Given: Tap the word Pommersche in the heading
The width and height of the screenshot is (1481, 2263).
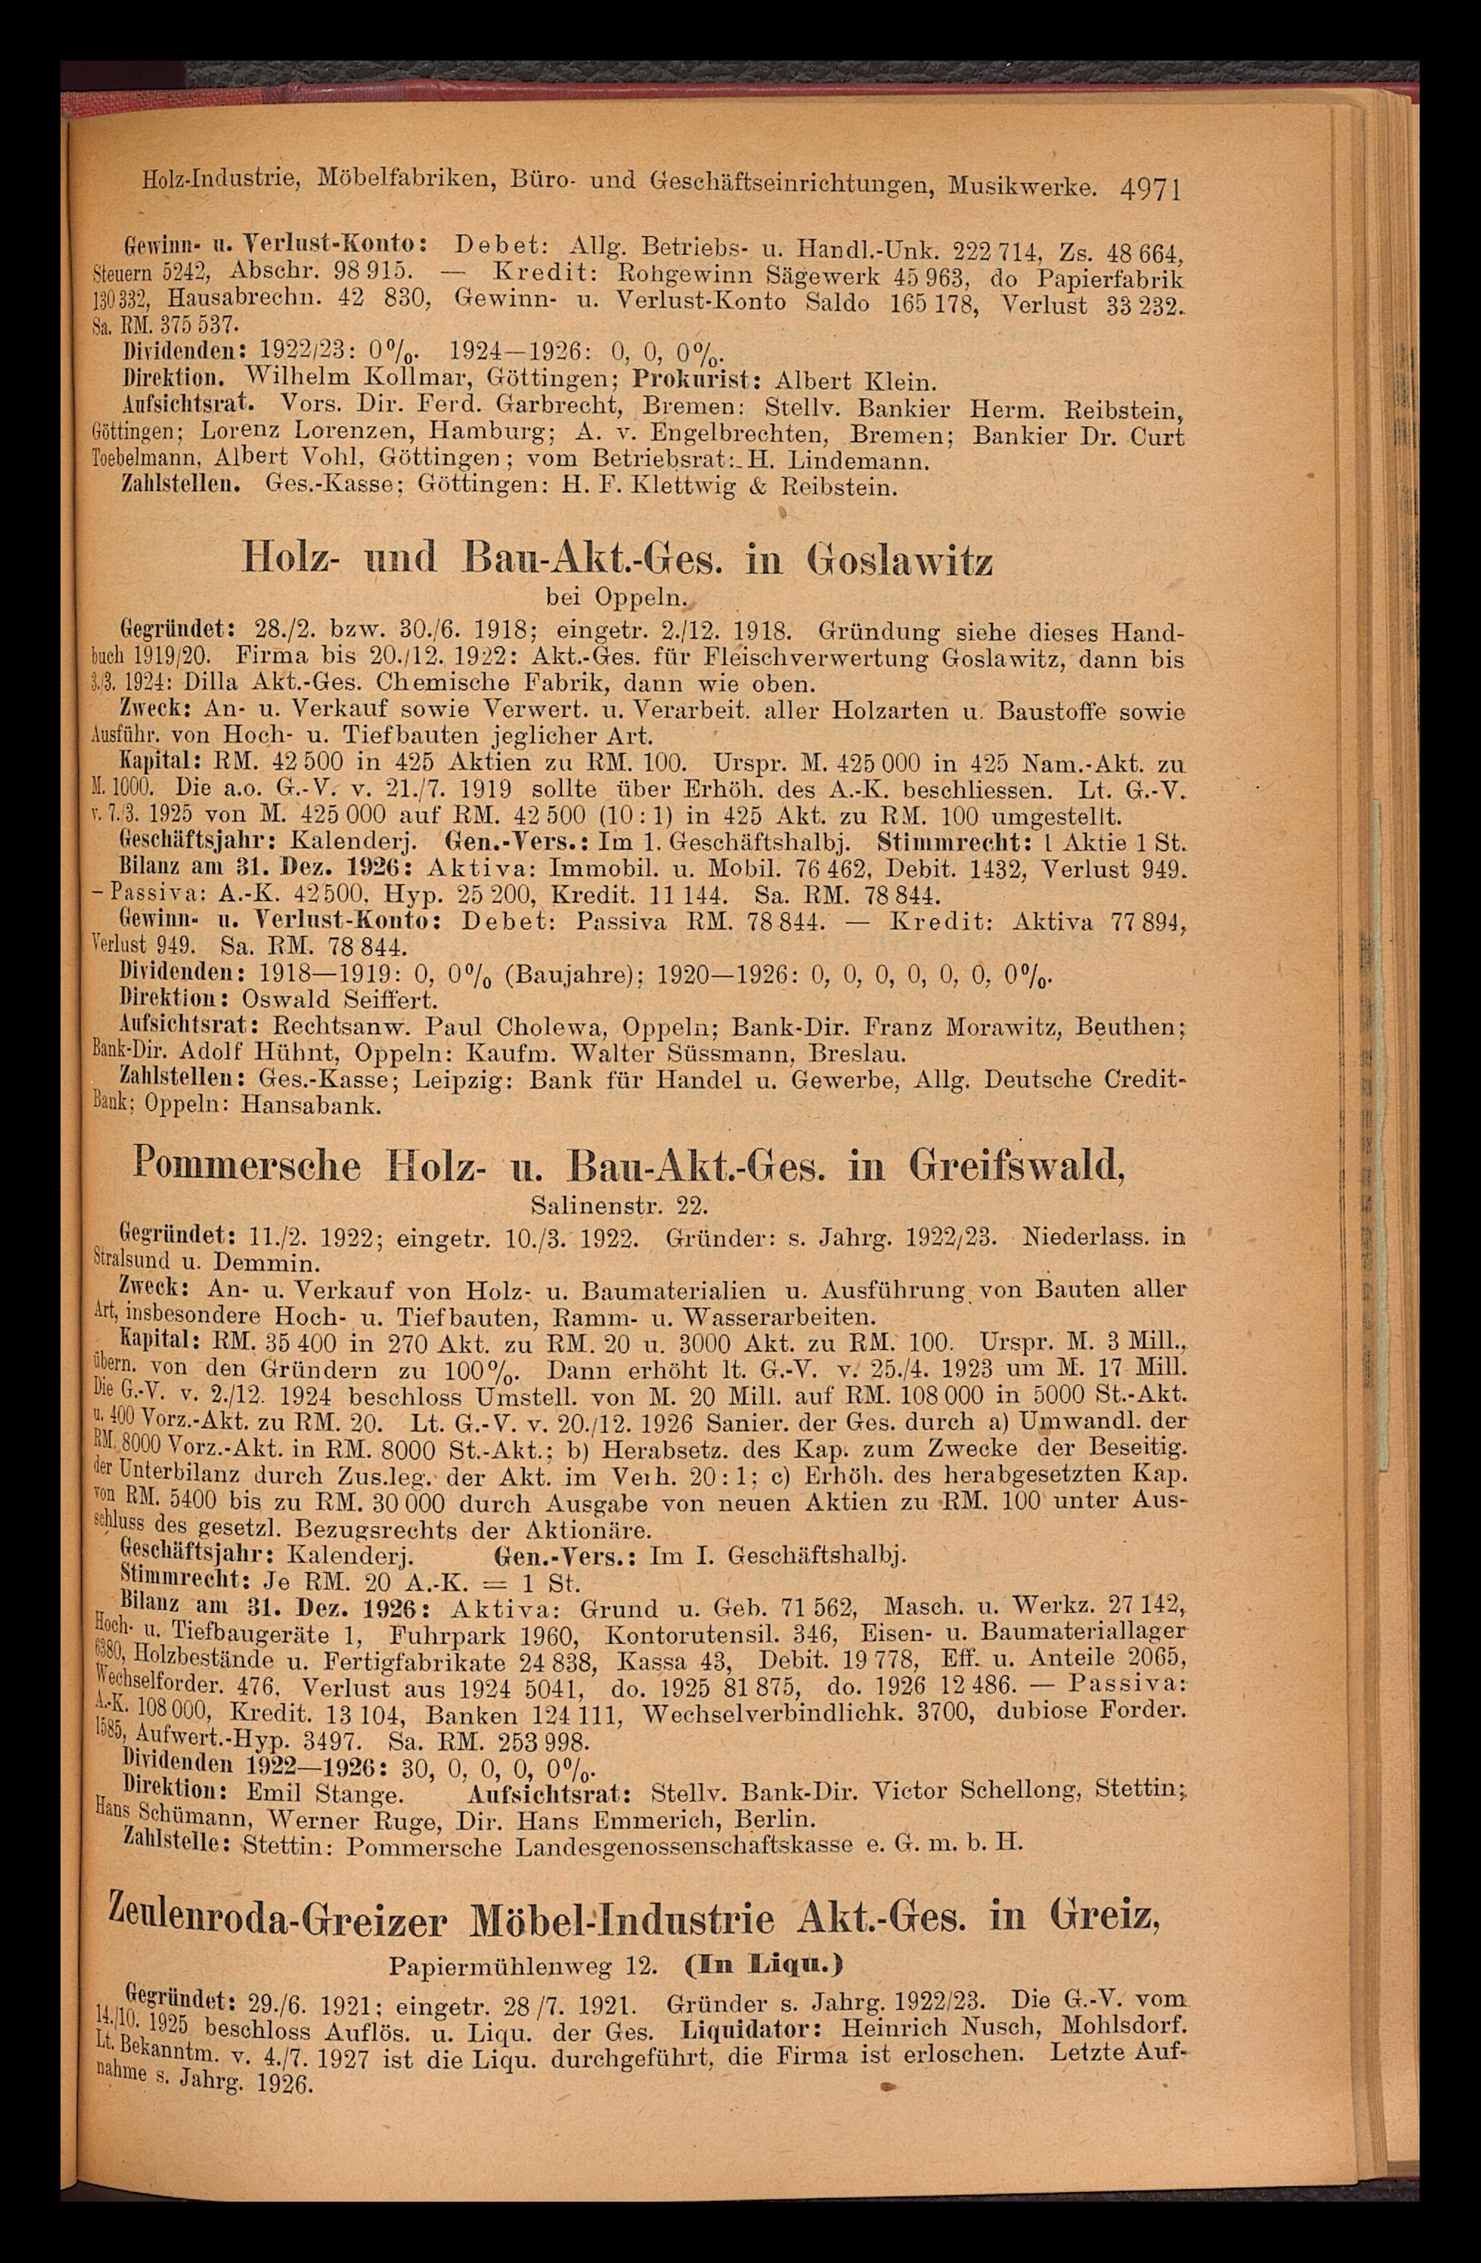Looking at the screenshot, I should point(247,1163).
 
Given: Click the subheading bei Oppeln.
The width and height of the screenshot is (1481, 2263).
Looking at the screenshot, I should point(617,600).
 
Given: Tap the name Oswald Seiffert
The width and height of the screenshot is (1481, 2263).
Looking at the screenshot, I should point(338,1000).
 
